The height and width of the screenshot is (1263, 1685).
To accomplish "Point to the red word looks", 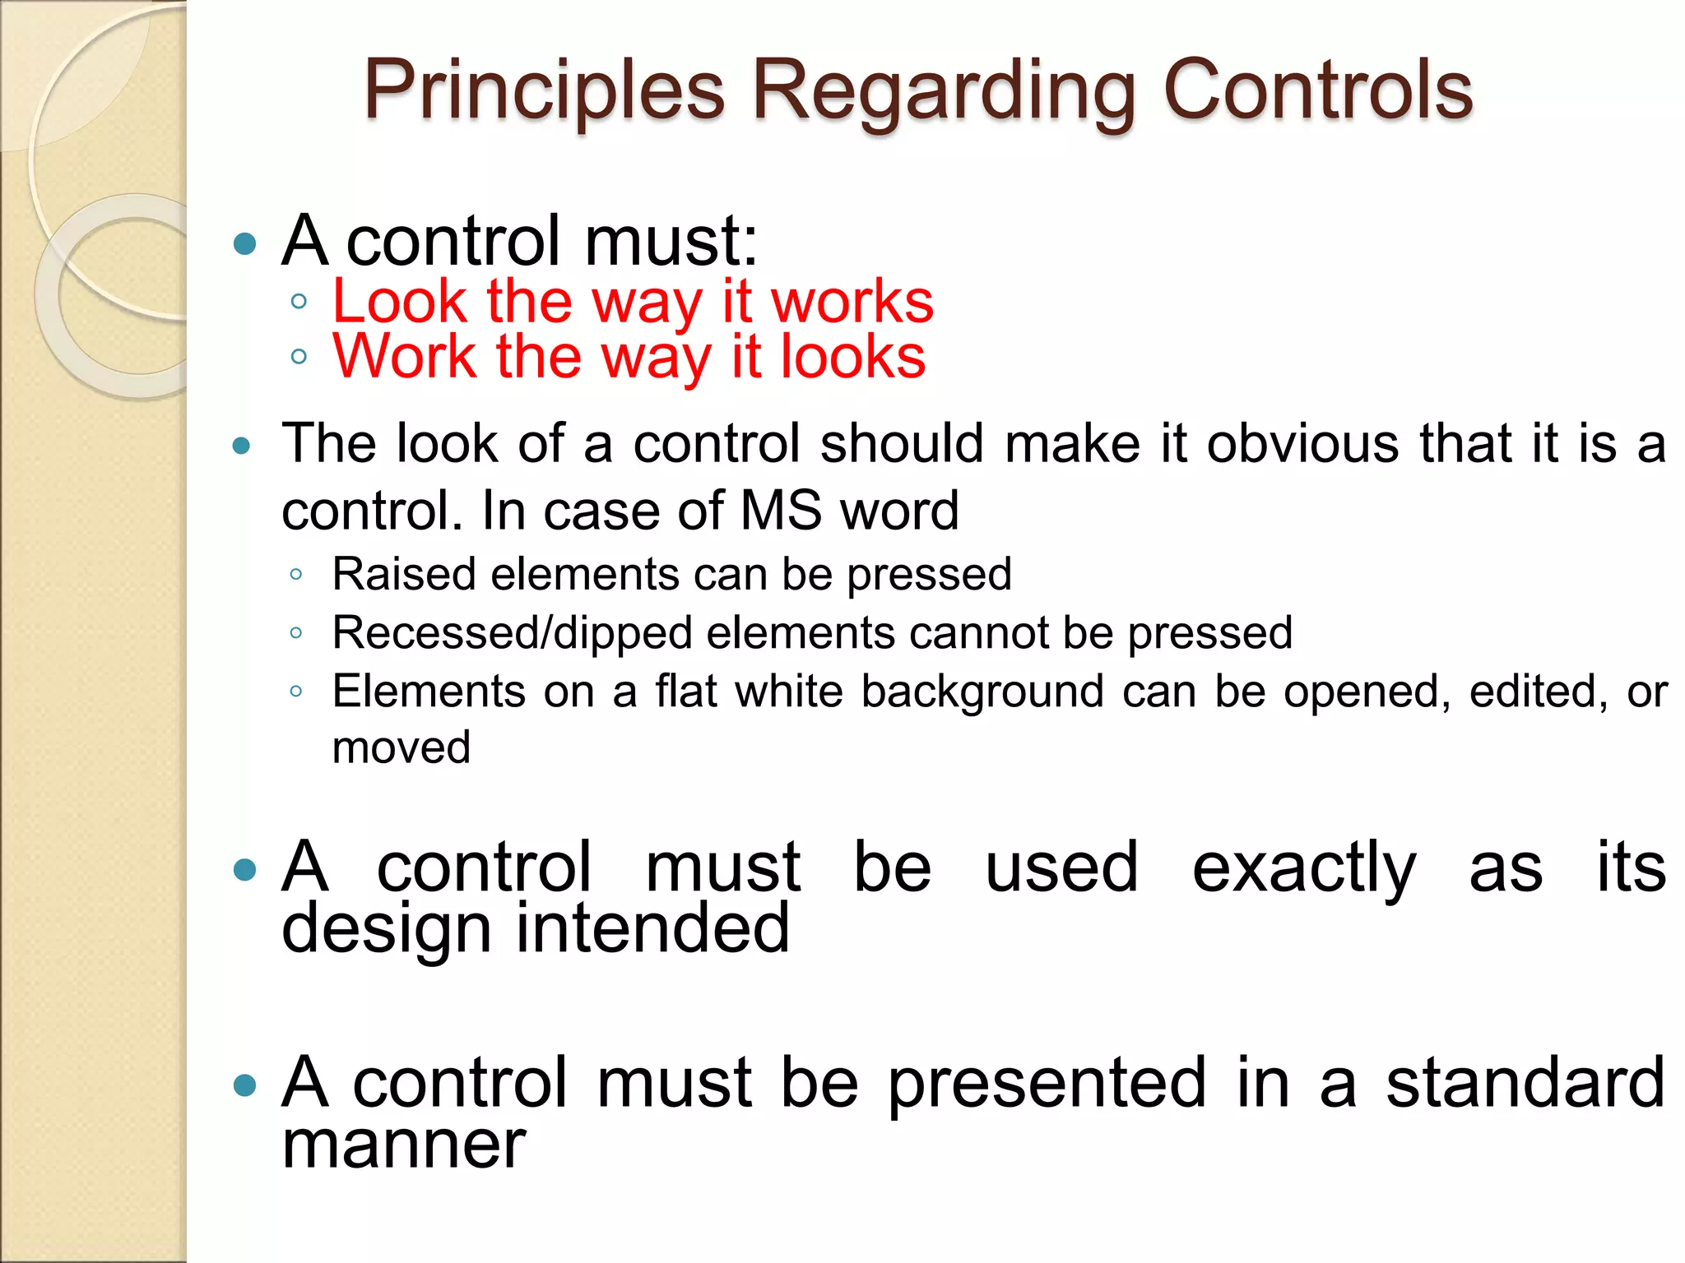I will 852,357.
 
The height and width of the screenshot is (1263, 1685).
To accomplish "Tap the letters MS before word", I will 781,510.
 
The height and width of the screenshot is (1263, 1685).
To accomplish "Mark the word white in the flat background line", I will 788,691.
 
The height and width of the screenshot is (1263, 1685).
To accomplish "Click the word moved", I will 402,747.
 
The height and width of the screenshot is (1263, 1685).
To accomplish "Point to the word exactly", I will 1304,868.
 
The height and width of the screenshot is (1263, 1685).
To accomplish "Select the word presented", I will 1047,1084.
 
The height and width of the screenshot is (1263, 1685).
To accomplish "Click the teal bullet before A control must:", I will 244,243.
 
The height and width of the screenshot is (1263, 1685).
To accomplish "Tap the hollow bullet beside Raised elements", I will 296,575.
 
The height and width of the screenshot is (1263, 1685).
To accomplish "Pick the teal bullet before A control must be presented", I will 244,1085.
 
